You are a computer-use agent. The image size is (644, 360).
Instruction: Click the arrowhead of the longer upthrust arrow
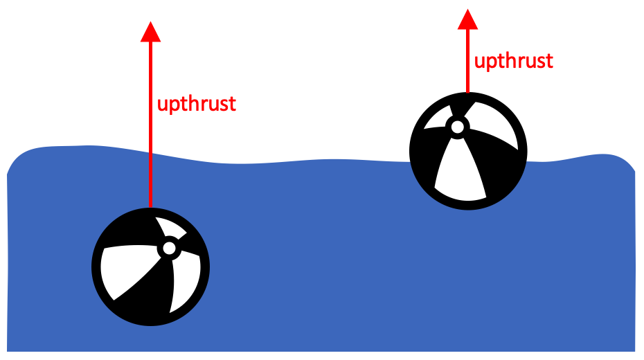150,32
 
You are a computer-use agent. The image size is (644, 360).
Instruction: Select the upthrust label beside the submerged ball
197,105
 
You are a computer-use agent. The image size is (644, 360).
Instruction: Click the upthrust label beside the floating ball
513,61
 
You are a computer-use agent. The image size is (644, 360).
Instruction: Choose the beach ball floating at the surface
468,151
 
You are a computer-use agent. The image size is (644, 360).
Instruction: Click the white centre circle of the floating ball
457,127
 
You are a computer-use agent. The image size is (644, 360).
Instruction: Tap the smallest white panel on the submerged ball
167,228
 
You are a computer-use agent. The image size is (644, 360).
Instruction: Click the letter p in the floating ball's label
490,63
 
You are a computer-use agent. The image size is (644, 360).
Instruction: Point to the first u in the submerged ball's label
163,105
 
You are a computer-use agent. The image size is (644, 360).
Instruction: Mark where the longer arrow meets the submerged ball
150,207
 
